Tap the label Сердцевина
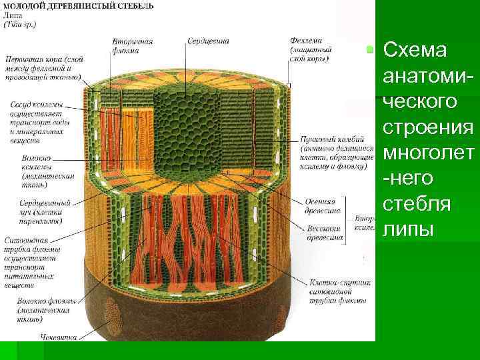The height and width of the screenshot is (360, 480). [x=208, y=41]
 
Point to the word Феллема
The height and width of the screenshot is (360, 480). [x=306, y=41]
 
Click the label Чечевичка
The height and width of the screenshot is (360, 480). [x=56, y=337]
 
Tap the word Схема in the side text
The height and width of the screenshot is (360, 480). [x=417, y=51]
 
